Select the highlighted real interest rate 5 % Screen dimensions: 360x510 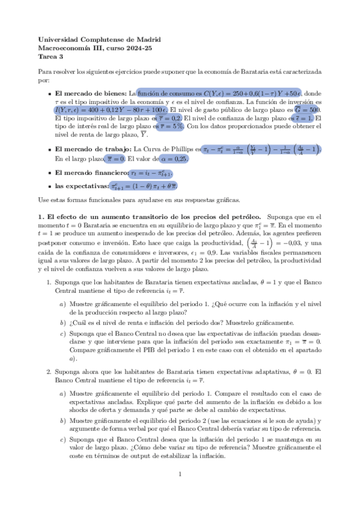[x=171, y=127]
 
